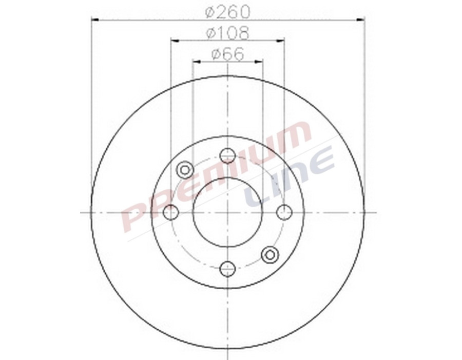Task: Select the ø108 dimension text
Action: [227, 33]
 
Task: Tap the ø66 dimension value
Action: [227, 54]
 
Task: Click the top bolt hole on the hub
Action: [227, 155]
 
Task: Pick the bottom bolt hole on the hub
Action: [227, 268]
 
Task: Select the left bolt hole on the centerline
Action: [170, 212]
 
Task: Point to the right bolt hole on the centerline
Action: [284, 212]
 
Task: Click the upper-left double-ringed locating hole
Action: [184, 169]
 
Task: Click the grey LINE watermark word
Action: [290, 177]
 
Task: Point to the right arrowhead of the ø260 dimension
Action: [361, 20]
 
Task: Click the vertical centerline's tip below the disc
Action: [227, 357]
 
